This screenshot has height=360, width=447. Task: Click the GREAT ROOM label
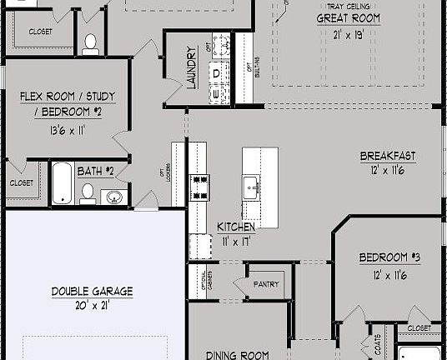(x=349, y=17)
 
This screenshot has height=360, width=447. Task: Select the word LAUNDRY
(x=191, y=67)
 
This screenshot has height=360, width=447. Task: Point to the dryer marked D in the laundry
(x=218, y=73)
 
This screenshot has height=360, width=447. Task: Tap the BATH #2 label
(x=95, y=172)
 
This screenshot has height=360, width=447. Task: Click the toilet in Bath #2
(x=88, y=193)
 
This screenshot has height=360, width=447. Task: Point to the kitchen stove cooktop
(x=200, y=187)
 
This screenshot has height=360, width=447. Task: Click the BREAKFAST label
(x=388, y=156)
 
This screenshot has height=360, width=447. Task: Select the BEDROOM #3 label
(x=389, y=257)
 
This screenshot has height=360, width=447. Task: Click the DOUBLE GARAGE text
(x=92, y=292)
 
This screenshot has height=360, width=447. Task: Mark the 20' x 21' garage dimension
(x=92, y=305)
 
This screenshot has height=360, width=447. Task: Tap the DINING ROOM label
(x=238, y=354)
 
